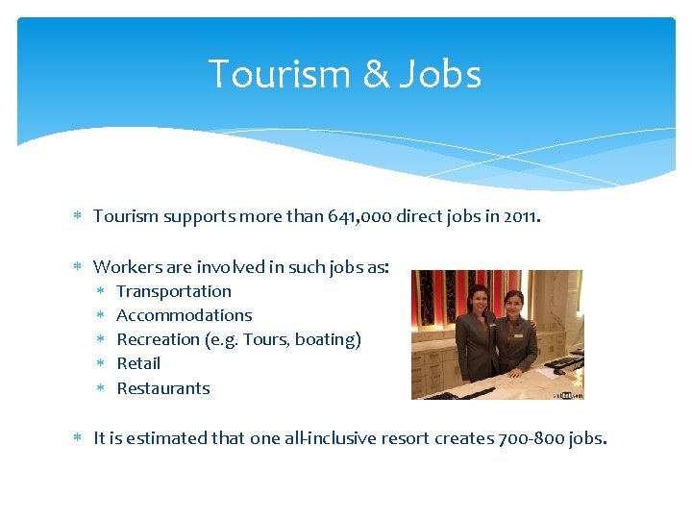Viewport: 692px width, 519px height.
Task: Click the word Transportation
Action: [x=174, y=291]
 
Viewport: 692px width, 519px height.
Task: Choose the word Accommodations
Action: [x=185, y=315]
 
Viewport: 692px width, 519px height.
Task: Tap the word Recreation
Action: [x=158, y=339]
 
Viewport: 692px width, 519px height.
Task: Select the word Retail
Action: [x=138, y=363]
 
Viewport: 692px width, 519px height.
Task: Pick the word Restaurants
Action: [x=163, y=388]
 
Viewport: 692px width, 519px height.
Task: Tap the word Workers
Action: [x=125, y=266]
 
